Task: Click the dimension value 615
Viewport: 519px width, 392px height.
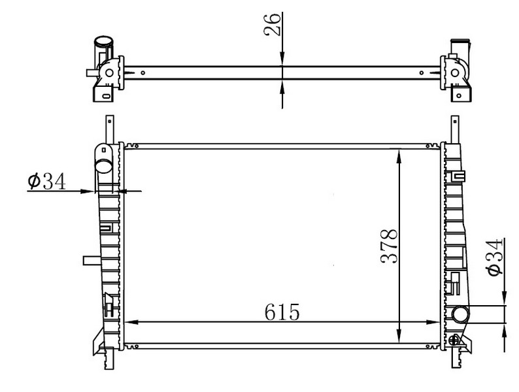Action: tap(282, 312)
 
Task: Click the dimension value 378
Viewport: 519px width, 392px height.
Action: tap(389, 246)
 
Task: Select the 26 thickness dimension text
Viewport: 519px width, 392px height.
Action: tap(273, 24)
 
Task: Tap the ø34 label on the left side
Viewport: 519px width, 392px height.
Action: tap(47, 181)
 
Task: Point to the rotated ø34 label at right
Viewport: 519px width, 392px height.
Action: tap(495, 257)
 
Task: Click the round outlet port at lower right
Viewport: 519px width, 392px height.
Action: tap(460, 314)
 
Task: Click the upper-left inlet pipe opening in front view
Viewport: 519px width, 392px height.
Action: tap(103, 165)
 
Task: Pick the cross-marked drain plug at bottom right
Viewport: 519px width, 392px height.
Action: tap(454, 340)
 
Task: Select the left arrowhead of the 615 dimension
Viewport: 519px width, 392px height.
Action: tap(131, 322)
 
